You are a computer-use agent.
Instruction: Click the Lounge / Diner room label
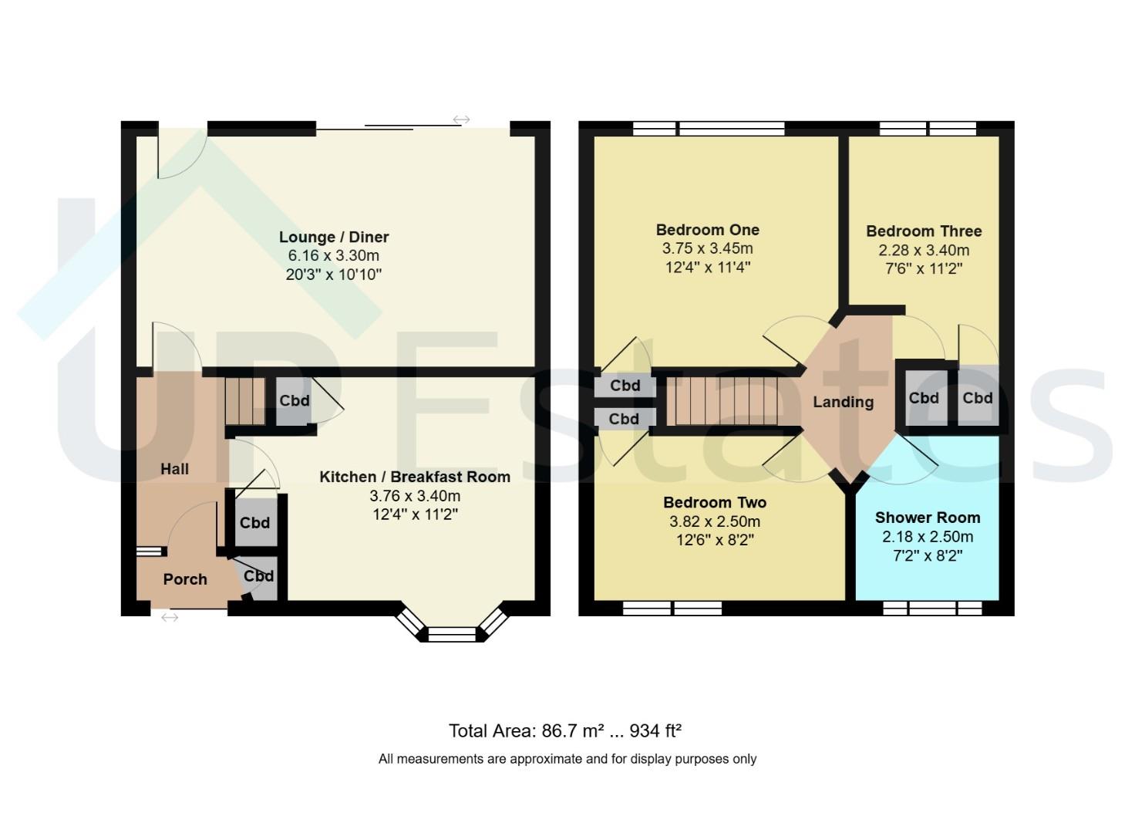(x=334, y=237)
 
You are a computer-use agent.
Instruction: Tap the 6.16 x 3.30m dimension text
(x=334, y=255)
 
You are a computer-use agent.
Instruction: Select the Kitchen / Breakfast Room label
(x=415, y=477)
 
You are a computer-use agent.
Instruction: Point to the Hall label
(x=175, y=469)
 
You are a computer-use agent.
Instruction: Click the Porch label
(x=185, y=579)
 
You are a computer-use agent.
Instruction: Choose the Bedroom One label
(x=708, y=230)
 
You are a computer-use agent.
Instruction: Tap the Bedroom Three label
(x=925, y=231)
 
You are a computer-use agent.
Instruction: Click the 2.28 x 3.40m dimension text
(x=925, y=250)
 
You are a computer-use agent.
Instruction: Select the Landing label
(x=844, y=402)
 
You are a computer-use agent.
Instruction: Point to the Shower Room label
(x=928, y=518)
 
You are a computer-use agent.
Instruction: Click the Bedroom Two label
(x=715, y=502)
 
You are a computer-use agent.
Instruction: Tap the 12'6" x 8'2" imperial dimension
(x=715, y=541)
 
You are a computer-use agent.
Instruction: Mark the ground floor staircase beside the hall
(x=245, y=402)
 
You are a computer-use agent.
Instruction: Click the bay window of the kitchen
(x=452, y=625)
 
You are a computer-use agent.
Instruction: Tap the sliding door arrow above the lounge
(x=461, y=120)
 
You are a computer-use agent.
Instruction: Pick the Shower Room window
(x=932, y=609)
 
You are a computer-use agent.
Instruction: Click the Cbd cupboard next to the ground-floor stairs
(x=294, y=401)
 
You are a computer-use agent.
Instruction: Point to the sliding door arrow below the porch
(x=170, y=618)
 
